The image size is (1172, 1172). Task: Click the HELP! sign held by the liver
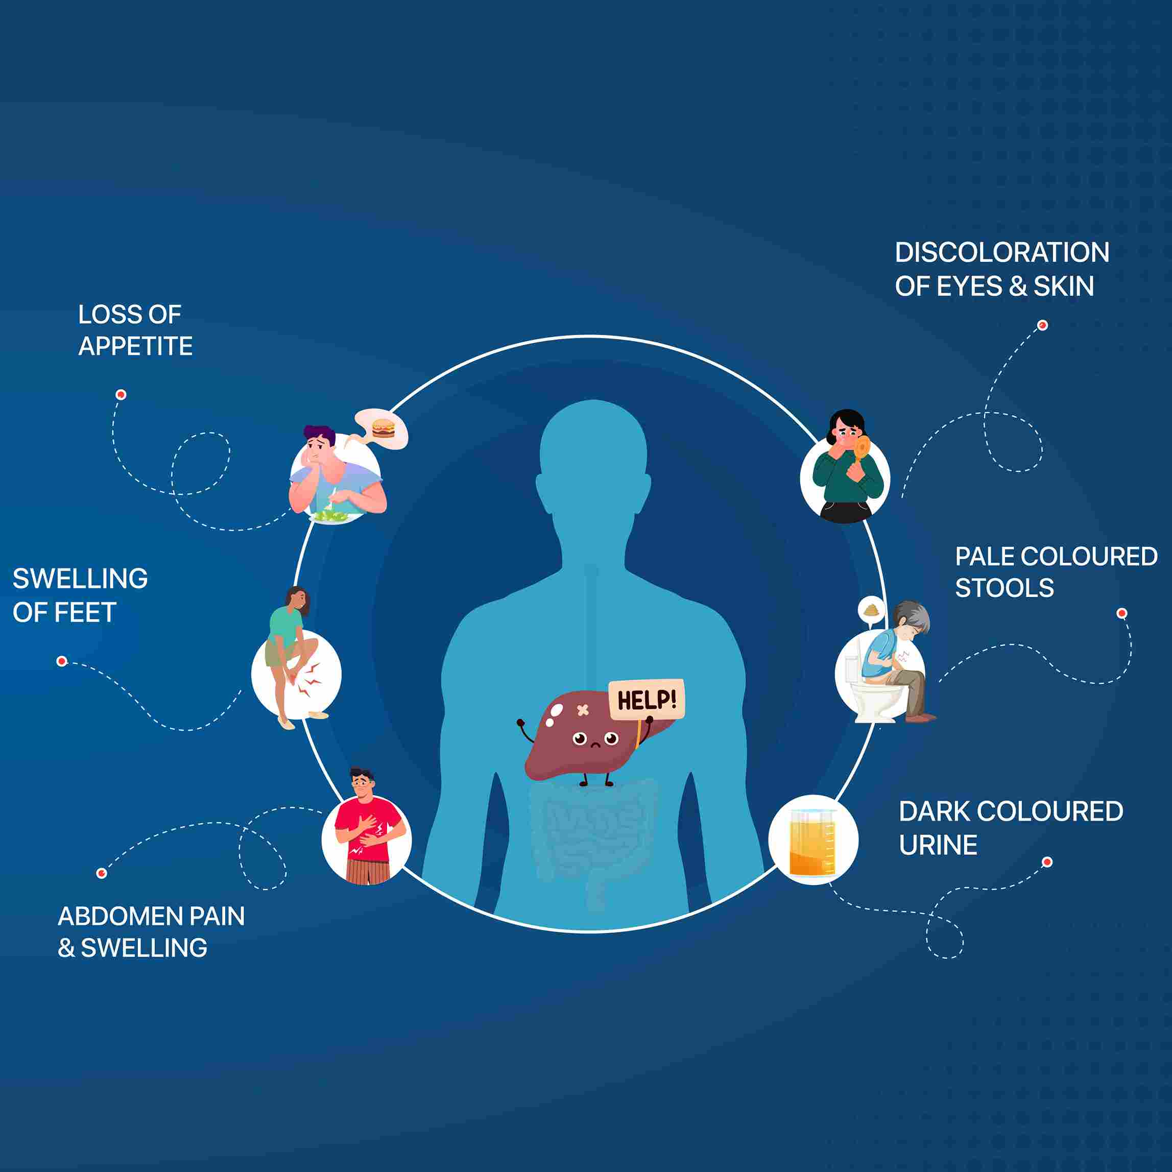tap(647, 700)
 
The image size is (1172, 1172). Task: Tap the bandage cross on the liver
tap(583, 710)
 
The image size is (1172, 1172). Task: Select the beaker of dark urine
tap(812, 843)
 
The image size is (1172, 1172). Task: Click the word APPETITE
tap(135, 346)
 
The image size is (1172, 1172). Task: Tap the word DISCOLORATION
tap(1001, 252)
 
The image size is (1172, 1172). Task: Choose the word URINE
tap(938, 845)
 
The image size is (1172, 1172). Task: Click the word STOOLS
tap(1004, 588)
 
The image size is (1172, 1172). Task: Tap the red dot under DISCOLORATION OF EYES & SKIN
tap(1042, 325)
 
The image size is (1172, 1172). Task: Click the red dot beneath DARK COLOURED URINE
tap(1047, 862)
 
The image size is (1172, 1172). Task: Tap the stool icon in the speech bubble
tap(871, 608)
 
